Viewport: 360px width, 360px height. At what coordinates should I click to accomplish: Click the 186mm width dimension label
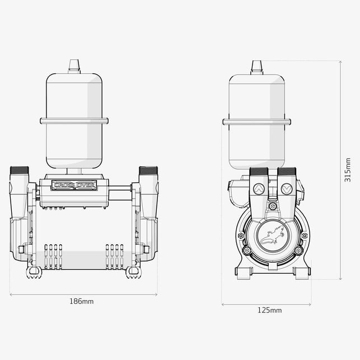click(82, 301)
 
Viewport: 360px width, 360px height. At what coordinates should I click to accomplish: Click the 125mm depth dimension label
click(269, 310)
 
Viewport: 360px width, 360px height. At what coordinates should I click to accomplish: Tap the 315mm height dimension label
click(348, 170)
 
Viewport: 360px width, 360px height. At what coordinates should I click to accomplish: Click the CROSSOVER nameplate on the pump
click(74, 185)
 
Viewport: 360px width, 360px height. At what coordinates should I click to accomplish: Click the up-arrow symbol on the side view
click(259, 189)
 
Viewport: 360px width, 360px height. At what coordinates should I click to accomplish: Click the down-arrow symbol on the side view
click(287, 189)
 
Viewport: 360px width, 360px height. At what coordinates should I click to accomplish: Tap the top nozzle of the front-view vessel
click(74, 67)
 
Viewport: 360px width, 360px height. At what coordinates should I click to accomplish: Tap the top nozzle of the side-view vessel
click(256, 68)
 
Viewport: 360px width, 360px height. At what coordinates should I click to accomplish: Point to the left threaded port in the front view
click(19, 170)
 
